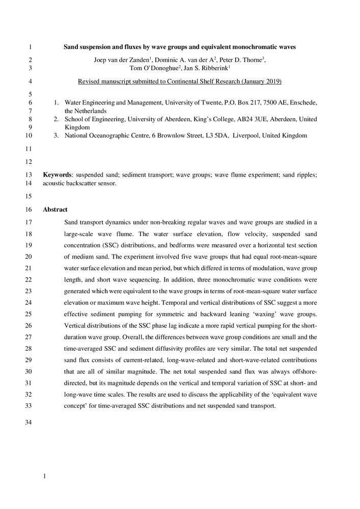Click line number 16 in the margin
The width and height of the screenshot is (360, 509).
(28, 209)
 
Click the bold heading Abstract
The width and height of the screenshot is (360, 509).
(55, 209)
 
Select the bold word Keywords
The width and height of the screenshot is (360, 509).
(57, 175)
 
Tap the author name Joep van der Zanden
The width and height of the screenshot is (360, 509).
(125, 60)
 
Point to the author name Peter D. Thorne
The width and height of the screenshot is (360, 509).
(240, 60)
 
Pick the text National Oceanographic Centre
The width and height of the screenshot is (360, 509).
(109, 135)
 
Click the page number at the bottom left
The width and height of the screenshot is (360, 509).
(45, 476)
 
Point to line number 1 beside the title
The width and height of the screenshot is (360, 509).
(30, 47)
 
